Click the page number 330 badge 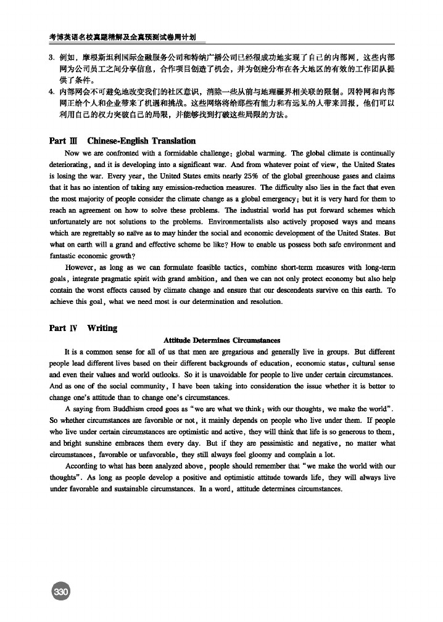point(61,592)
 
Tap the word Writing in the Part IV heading point(102,328)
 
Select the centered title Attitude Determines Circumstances point(222,340)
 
